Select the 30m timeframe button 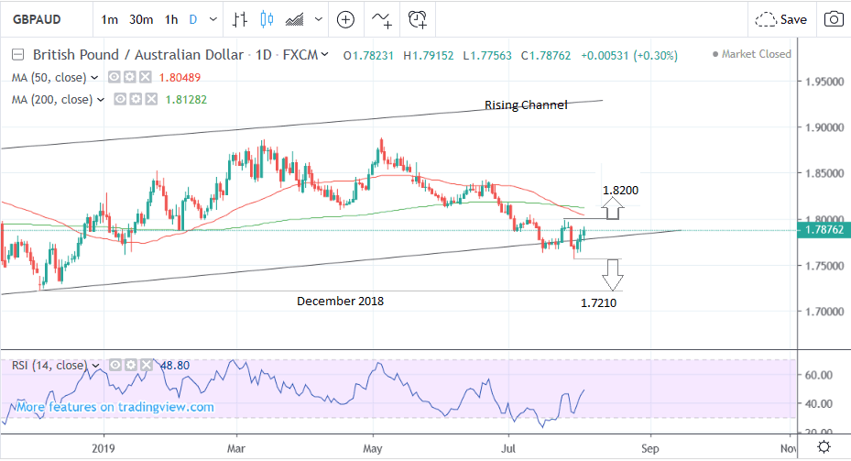[x=140, y=18]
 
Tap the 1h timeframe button [x=171, y=18]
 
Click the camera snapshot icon [x=834, y=18]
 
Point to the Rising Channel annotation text [x=526, y=104]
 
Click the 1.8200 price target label [x=620, y=190]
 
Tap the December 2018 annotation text [x=340, y=301]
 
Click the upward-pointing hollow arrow [x=612, y=209]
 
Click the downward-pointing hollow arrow [x=612, y=271]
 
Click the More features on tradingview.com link [x=115, y=407]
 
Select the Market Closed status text [x=756, y=54]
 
